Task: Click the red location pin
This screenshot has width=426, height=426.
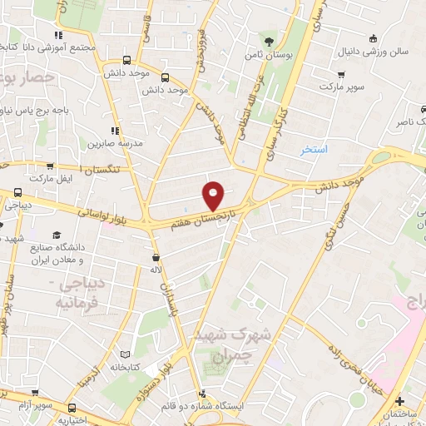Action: (x=214, y=196)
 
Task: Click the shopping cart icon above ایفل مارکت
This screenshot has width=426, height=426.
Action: (x=51, y=166)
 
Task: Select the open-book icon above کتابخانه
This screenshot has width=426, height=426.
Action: (x=126, y=354)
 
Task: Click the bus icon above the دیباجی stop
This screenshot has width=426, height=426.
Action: (x=17, y=190)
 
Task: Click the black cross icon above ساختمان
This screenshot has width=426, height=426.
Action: (x=399, y=401)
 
